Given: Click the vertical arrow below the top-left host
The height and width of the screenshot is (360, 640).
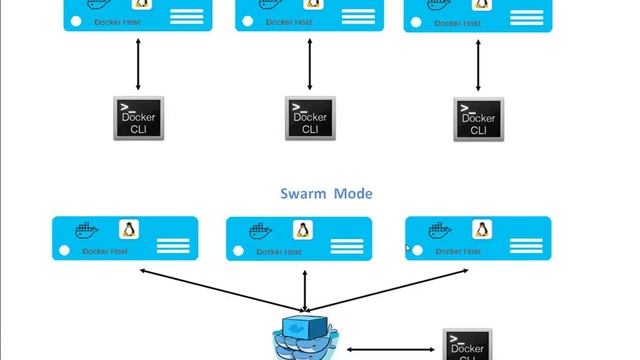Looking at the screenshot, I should [138, 65].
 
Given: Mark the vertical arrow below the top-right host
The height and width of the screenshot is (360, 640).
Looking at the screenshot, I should [478, 65].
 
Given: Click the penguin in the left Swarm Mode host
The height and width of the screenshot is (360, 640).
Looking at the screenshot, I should [129, 230].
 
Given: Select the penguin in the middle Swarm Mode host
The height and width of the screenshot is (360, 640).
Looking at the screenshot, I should [300, 230].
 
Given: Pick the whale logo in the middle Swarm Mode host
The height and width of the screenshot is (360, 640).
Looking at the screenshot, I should [258, 231].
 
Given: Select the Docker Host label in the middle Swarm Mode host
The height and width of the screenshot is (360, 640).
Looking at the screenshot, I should [280, 252].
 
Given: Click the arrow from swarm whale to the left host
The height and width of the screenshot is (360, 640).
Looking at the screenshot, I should [220, 289].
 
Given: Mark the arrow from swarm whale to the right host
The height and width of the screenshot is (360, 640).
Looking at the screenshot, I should [390, 289].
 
